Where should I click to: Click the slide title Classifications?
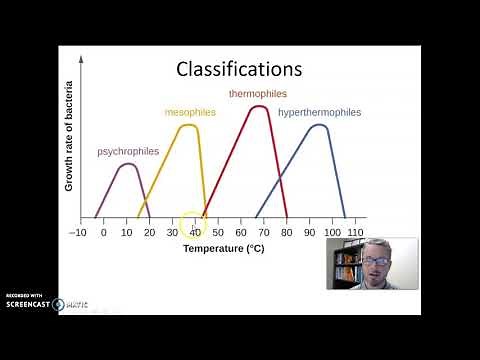click(238, 69)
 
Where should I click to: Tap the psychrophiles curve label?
click(127, 152)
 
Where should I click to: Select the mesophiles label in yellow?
click(190, 112)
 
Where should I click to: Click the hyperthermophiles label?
click(320, 112)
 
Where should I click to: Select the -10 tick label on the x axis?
click(77, 232)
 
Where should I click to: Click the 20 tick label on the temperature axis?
click(149, 232)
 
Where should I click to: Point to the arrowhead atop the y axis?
click(80, 61)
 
